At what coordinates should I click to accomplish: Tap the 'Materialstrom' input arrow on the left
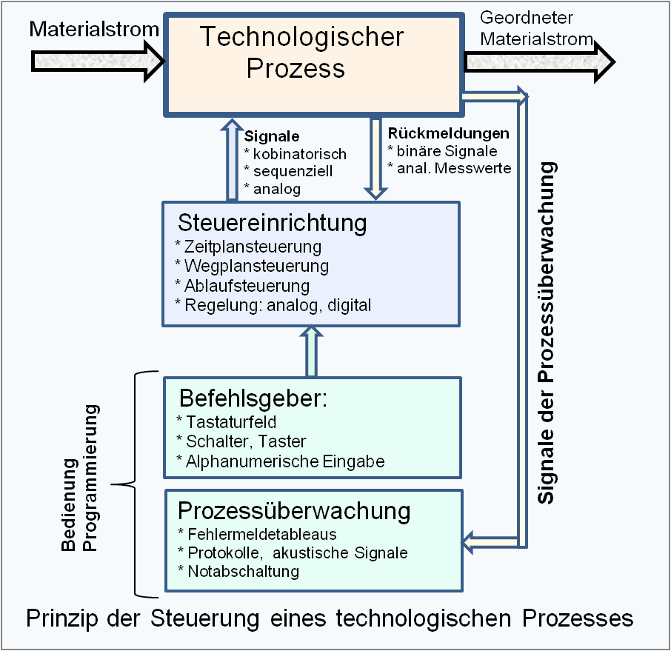[96, 59]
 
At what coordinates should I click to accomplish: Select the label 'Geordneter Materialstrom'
[537, 28]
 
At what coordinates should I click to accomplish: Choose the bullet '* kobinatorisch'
[295, 154]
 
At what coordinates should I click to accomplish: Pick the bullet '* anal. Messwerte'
[450, 167]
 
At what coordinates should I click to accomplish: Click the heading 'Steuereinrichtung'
[272, 222]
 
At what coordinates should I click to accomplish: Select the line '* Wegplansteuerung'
[251, 265]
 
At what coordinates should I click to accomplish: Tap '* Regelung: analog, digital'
[272, 304]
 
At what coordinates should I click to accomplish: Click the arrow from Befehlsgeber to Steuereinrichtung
[311, 353]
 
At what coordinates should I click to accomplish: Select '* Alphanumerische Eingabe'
[281, 461]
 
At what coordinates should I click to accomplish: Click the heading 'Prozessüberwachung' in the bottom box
[294, 511]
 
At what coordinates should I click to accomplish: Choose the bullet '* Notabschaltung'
[238, 571]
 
